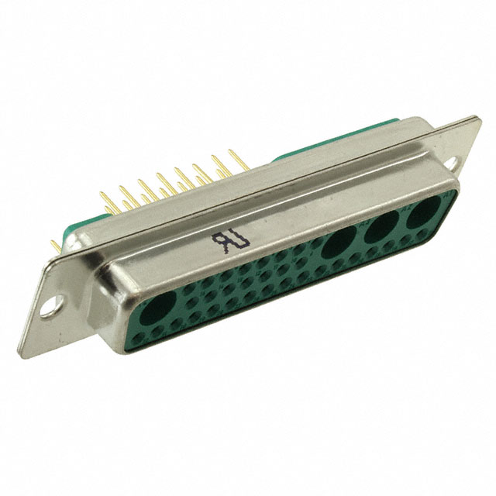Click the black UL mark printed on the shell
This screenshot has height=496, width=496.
[x=222, y=242]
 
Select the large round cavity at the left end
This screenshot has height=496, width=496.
[x=160, y=310]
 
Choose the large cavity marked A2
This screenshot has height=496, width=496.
[x=380, y=229]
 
